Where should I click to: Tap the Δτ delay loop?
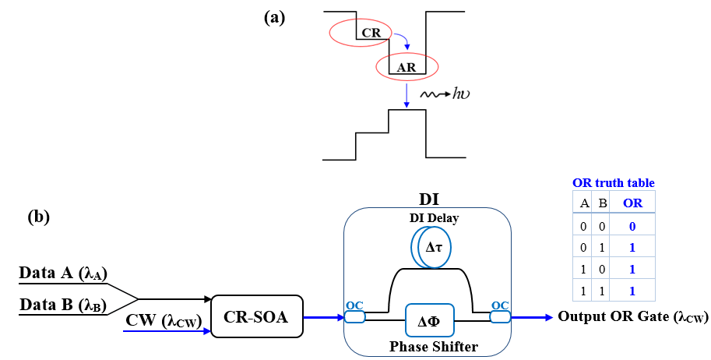click(432, 248)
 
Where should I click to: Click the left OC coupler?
click(355, 316)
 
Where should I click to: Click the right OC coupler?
click(499, 316)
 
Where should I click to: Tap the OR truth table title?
click(614, 183)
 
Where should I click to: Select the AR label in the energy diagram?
click(407, 67)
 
